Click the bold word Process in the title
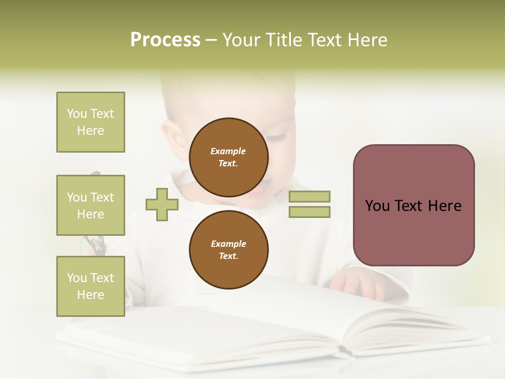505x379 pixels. point(165,40)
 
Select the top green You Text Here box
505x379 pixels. point(90,122)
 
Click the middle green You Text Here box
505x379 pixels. point(90,205)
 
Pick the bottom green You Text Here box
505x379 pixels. point(90,286)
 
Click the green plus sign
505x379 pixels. point(162,204)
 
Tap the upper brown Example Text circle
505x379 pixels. point(228,157)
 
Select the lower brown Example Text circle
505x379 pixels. point(228,250)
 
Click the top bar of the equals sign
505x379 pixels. point(309,197)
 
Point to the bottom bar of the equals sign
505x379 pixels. point(309,212)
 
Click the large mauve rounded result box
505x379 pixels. point(413,205)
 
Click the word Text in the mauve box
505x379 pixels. point(413,206)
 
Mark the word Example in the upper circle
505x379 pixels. point(228,151)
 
